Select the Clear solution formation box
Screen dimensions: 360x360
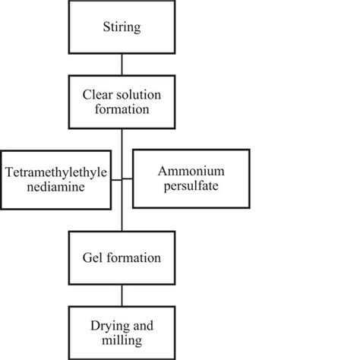(122, 102)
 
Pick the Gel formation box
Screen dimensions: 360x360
(122, 257)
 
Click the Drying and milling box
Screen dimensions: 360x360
(122, 332)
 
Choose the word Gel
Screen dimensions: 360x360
(93, 257)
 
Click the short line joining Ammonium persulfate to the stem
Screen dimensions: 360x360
(128, 179)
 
